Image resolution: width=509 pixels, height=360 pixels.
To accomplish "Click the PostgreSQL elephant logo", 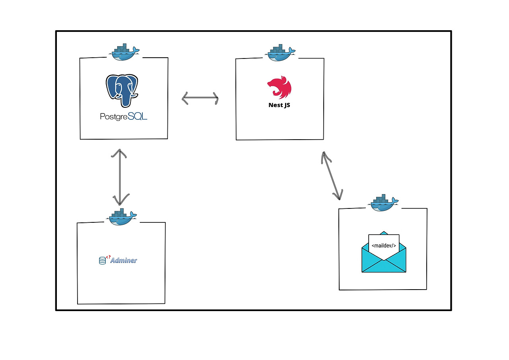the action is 122,91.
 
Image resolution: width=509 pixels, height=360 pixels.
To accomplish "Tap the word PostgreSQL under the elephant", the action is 124,117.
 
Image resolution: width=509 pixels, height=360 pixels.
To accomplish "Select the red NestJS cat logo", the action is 279,87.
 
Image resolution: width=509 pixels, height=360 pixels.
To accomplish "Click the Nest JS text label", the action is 279,105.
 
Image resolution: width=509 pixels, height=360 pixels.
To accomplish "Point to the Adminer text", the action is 124,261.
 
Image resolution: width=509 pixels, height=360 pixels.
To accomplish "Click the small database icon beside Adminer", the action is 103,261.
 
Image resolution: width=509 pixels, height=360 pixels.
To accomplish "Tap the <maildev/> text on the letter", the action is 384,245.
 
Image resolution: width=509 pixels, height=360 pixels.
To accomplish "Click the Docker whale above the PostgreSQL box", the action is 124,52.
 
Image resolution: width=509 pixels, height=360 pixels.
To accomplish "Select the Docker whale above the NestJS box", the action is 280,53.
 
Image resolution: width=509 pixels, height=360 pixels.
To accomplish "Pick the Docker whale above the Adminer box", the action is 121,217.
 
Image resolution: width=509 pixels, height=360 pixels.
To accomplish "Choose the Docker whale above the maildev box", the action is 383,203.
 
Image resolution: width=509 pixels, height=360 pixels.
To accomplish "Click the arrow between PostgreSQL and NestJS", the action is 200,98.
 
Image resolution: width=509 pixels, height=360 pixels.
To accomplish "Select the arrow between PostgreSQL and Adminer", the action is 120,177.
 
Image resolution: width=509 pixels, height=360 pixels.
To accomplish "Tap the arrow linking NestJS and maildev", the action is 332,176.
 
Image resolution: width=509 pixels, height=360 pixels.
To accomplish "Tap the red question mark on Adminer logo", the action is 109,257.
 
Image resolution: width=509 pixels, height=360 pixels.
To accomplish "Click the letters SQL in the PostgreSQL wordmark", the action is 138,116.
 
